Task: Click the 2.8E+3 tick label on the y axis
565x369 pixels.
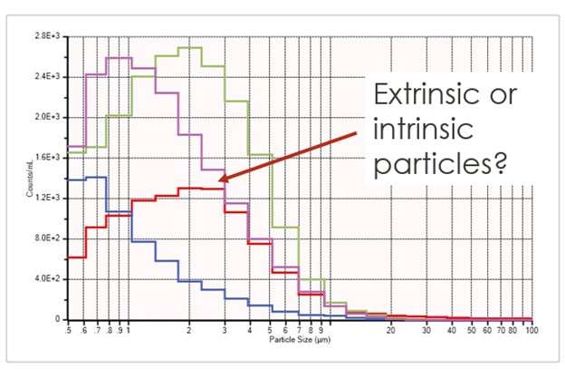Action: point(46,35)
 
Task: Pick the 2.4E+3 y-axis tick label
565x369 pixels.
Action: point(46,76)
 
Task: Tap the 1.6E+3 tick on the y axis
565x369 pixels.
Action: point(46,157)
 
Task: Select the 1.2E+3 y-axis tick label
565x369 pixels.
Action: point(46,198)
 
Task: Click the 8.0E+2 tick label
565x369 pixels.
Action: point(46,238)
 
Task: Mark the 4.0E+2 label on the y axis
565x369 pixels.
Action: point(46,278)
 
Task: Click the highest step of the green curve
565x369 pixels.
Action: point(189,47)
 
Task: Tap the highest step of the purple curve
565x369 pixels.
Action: point(119,58)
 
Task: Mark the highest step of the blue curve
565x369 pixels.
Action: point(96,177)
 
